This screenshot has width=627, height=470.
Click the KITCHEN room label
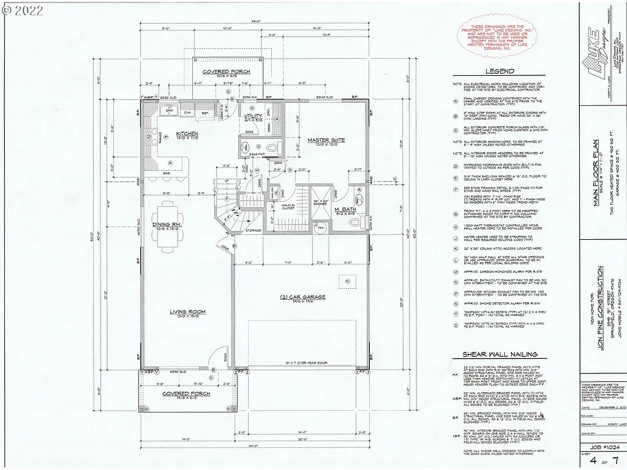pos(186,133)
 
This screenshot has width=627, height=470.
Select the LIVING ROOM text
pos(187,312)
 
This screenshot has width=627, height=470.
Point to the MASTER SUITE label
pos(326,140)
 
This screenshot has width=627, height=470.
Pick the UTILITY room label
pos(253,116)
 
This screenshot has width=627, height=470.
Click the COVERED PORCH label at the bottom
pos(186,394)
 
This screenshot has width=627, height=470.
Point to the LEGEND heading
pos(500,72)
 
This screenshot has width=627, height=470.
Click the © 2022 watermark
pos(23,10)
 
